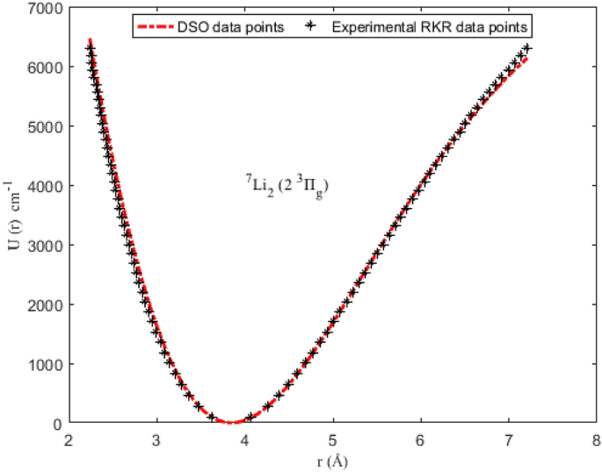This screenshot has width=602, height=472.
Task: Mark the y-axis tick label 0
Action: tap(55, 424)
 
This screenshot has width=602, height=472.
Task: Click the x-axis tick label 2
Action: tap(68, 439)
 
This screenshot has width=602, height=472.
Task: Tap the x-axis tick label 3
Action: tap(156, 439)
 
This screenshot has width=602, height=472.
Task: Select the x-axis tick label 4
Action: tap(244, 439)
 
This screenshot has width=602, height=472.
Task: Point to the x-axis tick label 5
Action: tap(332, 439)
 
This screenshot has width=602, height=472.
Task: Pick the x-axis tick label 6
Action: tap(421, 439)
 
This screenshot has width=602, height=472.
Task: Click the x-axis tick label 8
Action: tap(597, 439)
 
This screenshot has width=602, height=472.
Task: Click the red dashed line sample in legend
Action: tap(159, 26)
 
